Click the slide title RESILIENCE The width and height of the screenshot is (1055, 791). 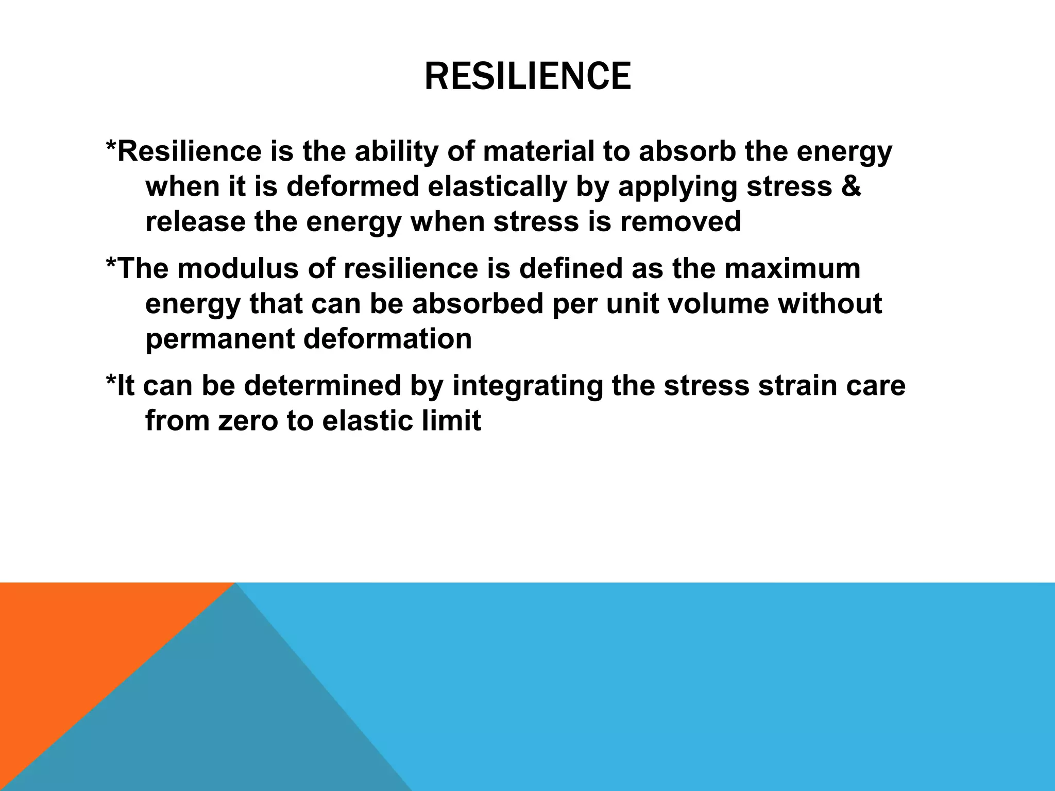pyautogui.click(x=527, y=76)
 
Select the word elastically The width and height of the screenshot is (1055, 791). pyautogui.click(x=497, y=186)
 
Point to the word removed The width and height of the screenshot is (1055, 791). pyautogui.click(x=680, y=221)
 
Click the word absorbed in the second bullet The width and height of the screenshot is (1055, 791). pyautogui.click(x=478, y=304)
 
